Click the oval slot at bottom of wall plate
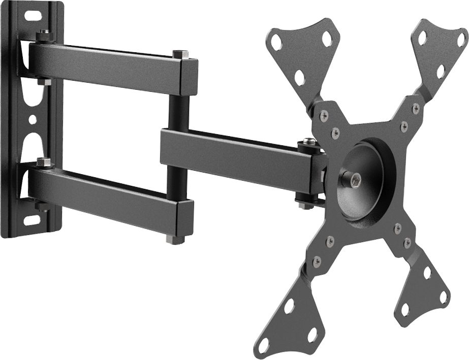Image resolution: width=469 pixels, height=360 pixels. pos(32,221)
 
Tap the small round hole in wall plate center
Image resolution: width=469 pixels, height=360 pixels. pos(33,120)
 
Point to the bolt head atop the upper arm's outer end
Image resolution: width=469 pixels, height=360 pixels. pos(180,54)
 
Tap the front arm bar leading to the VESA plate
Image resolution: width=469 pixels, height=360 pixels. pos(234,155)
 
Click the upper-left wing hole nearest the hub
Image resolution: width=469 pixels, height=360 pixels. pos(299,77)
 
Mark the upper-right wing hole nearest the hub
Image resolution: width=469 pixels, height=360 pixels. pos(441,71)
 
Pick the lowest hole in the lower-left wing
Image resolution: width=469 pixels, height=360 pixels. pos(264,345)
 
